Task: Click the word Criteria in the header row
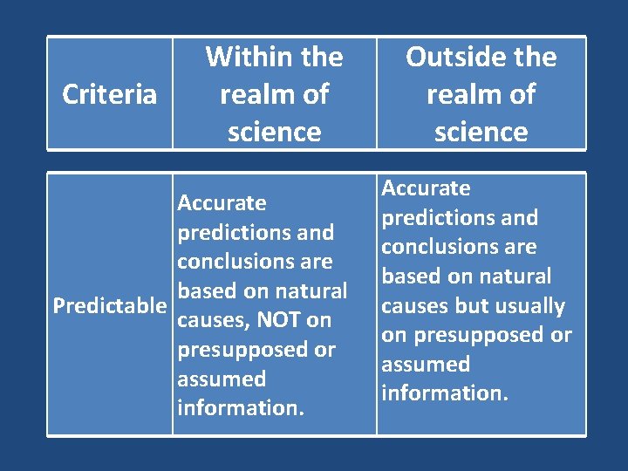(x=110, y=94)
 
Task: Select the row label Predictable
(x=109, y=306)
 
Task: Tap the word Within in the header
(x=242, y=58)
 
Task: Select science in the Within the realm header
(x=274, y=133)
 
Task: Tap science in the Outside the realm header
(x=481, y=133)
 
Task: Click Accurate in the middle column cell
(x=222, y=203)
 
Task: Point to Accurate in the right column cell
(x=426, y=188)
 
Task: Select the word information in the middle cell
(x=240, y=408)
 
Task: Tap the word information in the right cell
(x=444, y=393)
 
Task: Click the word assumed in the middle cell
(x=222, y=379)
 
